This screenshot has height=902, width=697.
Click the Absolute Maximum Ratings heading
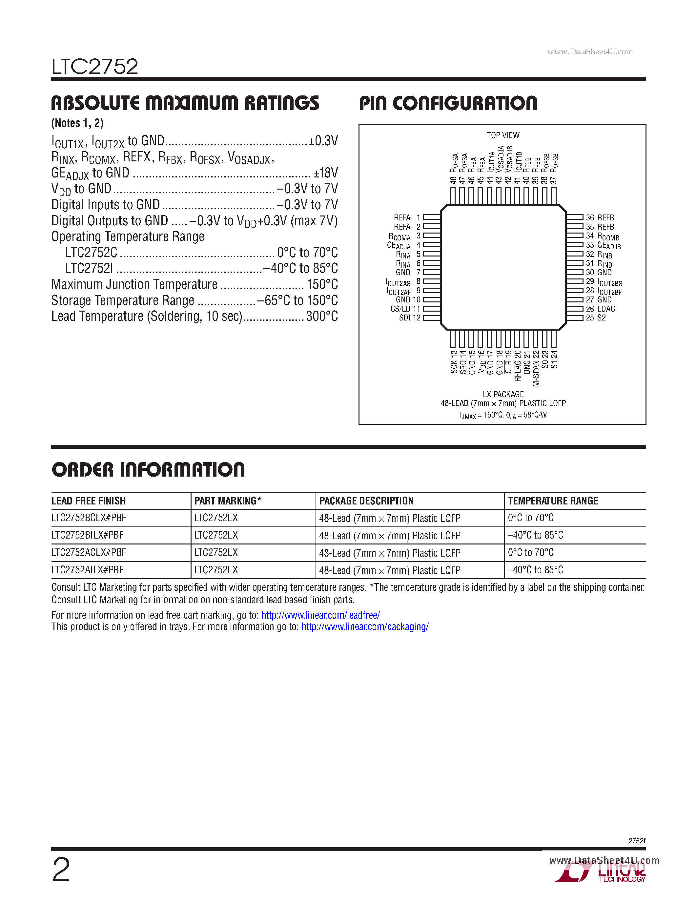(185, 103)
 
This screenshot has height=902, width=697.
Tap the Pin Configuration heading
(448, 103)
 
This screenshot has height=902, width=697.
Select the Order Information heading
(148, 470)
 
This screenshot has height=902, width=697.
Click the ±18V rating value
(325, 173)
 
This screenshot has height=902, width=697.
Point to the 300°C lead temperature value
(322, 317)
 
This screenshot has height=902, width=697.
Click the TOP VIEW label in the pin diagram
(502, 135)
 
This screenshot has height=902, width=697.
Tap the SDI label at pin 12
(404, 318)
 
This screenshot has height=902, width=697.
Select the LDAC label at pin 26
(606, 309)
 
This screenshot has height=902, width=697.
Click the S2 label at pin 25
(601, 318)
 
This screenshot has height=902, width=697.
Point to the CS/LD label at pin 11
(400, 309)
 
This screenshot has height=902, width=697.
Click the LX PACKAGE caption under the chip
(503, 394)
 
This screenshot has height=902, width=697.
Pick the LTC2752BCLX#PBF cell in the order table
(89, 518)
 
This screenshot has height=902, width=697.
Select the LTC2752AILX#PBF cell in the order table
(88, 570)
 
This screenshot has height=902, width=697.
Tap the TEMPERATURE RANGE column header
(553, 501)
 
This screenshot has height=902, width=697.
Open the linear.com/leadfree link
(320, 615)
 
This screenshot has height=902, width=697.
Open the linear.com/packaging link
(365, 626)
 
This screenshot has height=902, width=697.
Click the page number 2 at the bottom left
(61, 870)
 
